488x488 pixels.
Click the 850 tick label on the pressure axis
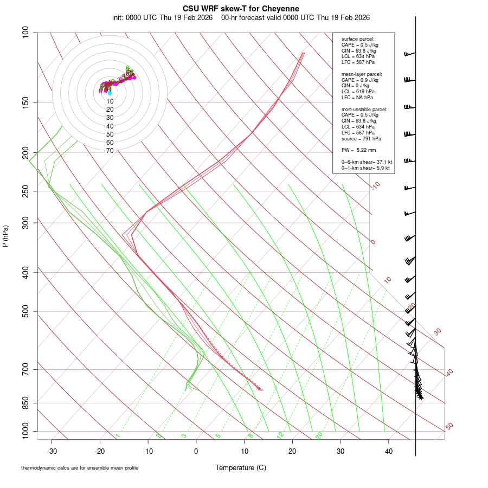[x=26, y=403]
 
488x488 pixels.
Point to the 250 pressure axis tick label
[x=26, y=191]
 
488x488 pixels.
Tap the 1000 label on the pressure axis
[x=24, y=432]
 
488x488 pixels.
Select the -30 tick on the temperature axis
[x=52, y=451]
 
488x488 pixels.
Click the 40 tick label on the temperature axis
[x=388, y=451]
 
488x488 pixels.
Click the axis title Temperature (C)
[x=240, y=467]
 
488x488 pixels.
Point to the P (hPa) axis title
[x=5, y=236]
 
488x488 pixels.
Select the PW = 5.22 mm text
[x=358, y=150]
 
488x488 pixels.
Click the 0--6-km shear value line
[x=367, y=162]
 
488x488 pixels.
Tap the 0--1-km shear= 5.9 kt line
[x=367, y=168]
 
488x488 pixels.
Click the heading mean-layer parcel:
[x=362, y=74]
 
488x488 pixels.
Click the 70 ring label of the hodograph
[x=110, y=151]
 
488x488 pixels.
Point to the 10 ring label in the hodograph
[x=110, y=101]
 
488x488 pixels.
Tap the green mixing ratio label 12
[x=280, y=435]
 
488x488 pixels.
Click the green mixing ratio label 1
[x=118, y=435]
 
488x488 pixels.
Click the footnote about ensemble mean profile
[x=80, y=467]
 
